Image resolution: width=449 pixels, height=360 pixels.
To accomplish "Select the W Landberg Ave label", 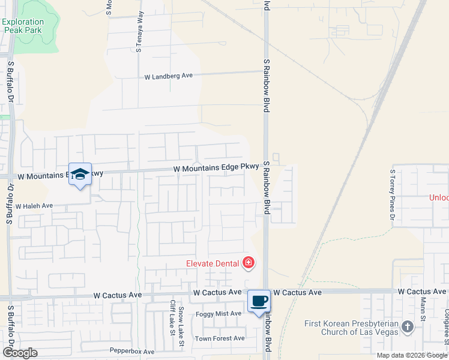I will click(x=169, y=76).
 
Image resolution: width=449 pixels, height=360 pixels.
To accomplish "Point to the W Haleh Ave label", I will click(x=34, y=206).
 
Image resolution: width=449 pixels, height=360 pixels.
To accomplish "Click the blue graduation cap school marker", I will click(x=80, y=174).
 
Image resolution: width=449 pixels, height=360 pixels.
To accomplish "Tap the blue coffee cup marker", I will click(x=259, y=301).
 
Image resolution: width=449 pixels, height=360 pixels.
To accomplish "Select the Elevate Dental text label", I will click(x=212, y=263).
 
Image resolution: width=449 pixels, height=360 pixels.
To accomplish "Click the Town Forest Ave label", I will click(x=220, y=338).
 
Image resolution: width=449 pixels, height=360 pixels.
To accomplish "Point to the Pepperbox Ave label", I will click(x=128, y=350).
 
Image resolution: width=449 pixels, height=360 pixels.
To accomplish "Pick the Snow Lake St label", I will click(x=181, y=326).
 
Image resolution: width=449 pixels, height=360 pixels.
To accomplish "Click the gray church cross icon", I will click(x=408, y=327).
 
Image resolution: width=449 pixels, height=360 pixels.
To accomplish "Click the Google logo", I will click(x=19, y=353).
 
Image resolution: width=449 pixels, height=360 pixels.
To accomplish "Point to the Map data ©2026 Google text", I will click(x=411, y=355).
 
